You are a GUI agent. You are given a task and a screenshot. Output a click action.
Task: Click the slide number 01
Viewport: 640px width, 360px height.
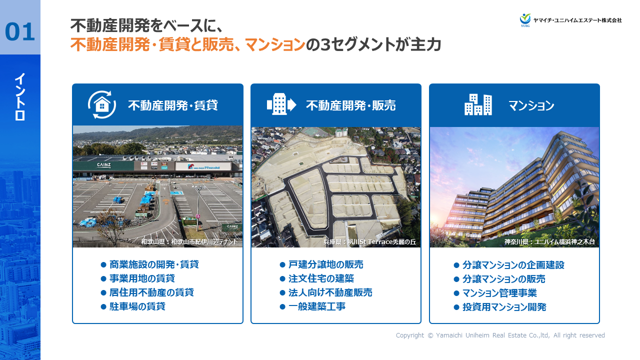(20, 32)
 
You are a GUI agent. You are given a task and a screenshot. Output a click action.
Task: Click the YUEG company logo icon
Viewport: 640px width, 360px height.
(525, 19)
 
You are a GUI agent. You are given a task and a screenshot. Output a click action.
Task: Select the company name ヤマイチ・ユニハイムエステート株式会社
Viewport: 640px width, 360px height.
(577, 20)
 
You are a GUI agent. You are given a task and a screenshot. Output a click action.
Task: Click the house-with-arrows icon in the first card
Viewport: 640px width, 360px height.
(102, 105)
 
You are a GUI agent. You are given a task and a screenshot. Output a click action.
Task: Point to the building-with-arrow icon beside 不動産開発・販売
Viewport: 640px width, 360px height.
(281, 104)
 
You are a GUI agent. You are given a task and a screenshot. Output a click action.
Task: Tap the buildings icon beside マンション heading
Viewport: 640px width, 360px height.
(478, 105)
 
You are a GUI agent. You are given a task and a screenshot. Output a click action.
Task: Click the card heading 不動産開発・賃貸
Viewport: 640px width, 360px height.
(172, 105)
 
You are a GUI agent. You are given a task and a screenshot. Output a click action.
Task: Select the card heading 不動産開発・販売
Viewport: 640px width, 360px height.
(350, 105)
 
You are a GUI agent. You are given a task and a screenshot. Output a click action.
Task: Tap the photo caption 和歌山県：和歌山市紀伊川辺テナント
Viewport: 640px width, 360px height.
(189, 242)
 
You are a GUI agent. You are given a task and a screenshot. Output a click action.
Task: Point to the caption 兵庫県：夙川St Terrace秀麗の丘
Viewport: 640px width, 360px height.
(369, 242)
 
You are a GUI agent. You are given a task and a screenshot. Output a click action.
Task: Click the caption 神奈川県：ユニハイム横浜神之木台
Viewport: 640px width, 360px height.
(549, 242)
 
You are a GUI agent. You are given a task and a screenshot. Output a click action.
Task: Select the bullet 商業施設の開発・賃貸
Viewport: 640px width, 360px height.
(154, 264)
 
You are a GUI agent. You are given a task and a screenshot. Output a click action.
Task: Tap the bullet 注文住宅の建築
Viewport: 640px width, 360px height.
(321, 278)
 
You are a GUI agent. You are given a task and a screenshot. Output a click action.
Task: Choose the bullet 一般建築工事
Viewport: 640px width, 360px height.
(316, 306)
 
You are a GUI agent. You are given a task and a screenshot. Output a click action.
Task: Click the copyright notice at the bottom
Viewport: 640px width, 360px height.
(500, 335)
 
